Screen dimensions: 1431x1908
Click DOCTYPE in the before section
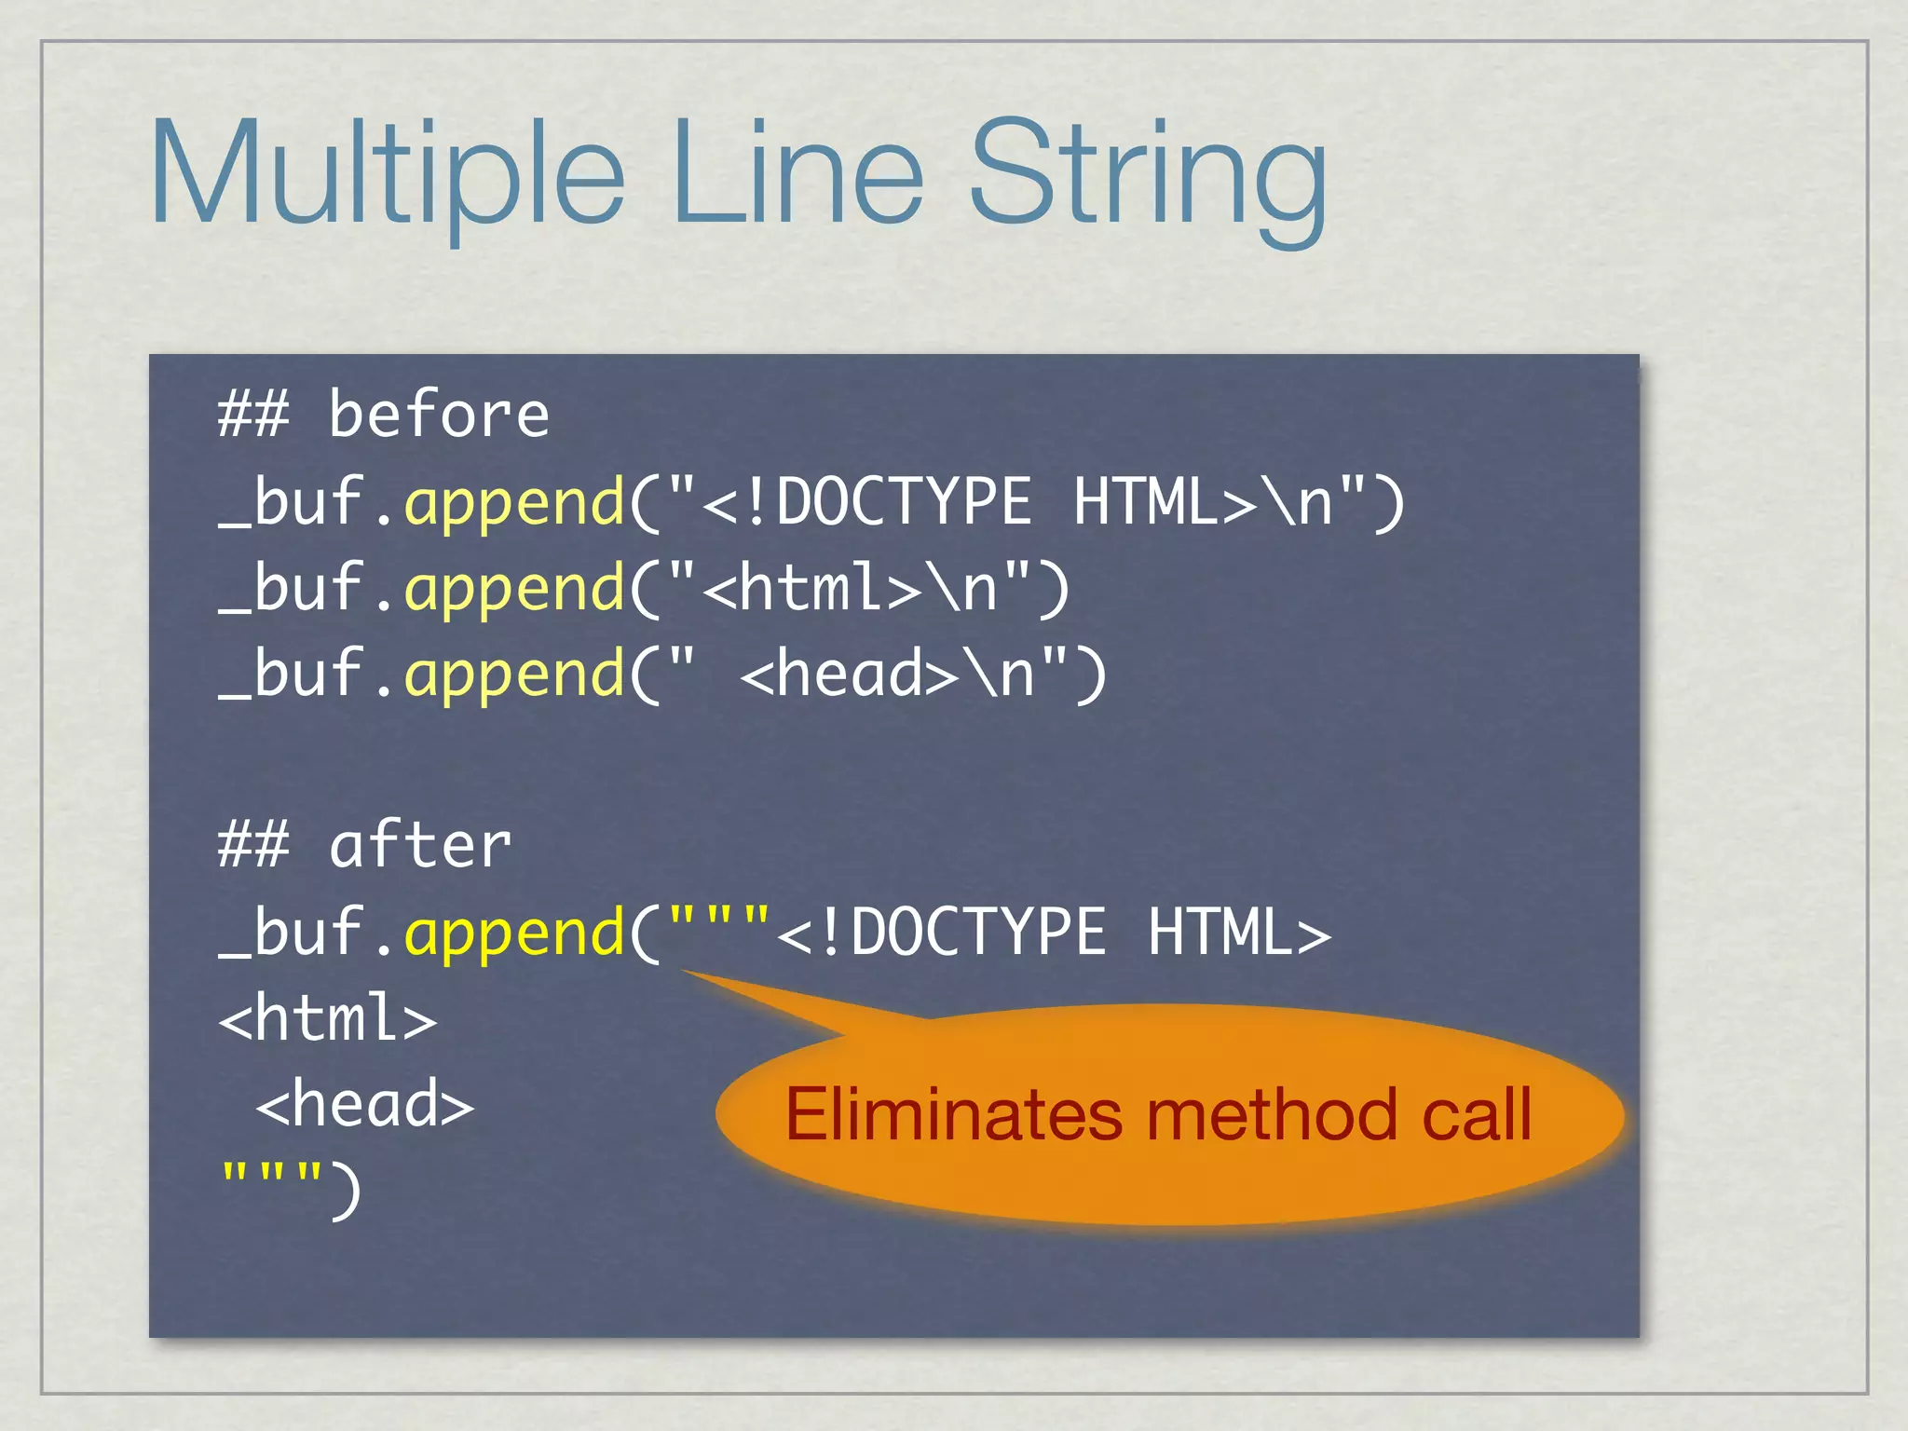coord(904,503)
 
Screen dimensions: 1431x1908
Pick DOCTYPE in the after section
coord(978,934)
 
